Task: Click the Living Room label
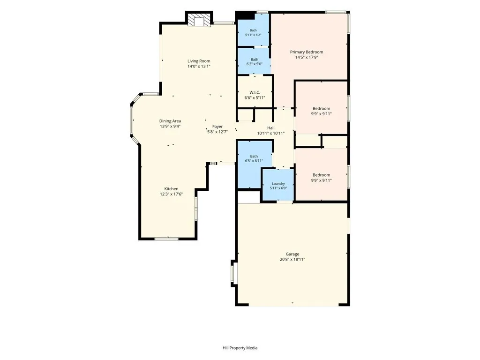(199, 61)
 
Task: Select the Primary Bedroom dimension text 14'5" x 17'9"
(307, 57)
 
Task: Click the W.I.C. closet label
(255, 92)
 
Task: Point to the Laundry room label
(278, 184)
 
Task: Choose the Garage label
(292, 254)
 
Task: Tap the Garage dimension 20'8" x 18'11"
(292, 259)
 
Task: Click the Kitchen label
(171, 189)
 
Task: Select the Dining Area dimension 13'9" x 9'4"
(170, 126)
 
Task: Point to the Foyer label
(217, 127)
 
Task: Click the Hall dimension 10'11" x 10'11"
(271, 133)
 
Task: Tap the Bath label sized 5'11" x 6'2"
(253, 30)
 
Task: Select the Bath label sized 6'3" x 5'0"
(255, 60)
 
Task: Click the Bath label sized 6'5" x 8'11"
(254, 156)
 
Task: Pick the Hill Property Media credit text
(240, 348)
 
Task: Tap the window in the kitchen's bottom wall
(166, 239)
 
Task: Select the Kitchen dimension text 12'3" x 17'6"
(171, 194)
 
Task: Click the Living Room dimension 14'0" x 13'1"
(199, 66)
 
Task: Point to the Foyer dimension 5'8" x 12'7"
(217, 132)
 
